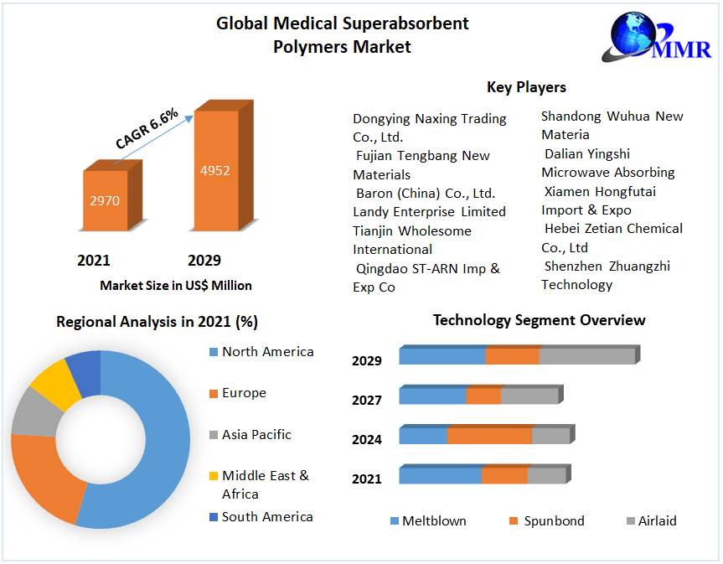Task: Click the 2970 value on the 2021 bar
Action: click(106, 200)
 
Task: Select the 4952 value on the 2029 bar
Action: click(214, 170)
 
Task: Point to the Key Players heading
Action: click(526, 87)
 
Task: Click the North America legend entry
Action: click(267, 352)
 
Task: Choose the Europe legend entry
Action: click(244, 393)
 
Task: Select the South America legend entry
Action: click(266, 517)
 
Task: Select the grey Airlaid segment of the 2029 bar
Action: click(586, 356)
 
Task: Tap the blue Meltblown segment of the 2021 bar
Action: click(440, 476)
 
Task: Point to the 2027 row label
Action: click(367, 401)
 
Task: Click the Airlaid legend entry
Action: click(656, 521)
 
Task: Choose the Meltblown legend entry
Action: click(433, 521)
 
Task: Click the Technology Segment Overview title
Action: click(539, 320)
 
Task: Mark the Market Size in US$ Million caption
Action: click(176, 286)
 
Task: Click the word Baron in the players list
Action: click(376, 193)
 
